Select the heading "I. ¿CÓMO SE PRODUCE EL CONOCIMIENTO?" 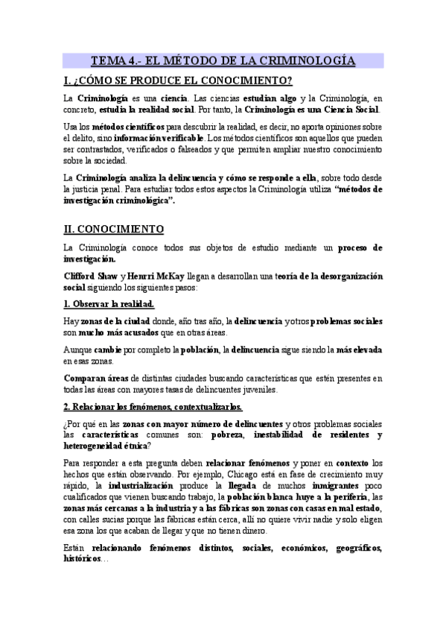[x=177, y=80]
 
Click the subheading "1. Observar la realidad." [x=109, y=304]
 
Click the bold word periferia [x=324, y=496]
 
